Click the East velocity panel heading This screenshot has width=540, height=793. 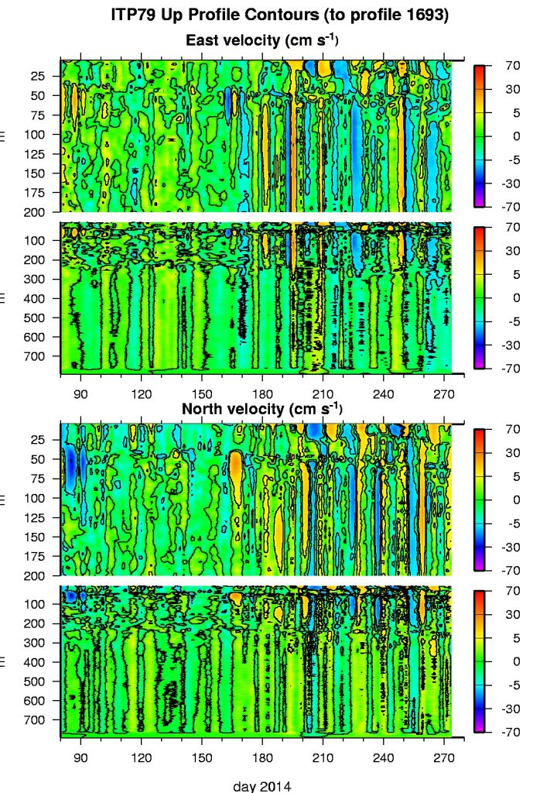(262, 39)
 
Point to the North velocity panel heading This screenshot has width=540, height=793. (262, 407)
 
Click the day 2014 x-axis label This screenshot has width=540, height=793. (262, 785)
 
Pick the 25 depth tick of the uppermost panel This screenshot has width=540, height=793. (38, 76)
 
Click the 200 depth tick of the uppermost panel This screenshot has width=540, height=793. (35, 212)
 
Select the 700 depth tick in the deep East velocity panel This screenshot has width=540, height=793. (35, 356)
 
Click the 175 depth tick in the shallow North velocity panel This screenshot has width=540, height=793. (35, 556)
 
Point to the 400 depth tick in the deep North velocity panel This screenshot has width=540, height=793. (35, 662)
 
